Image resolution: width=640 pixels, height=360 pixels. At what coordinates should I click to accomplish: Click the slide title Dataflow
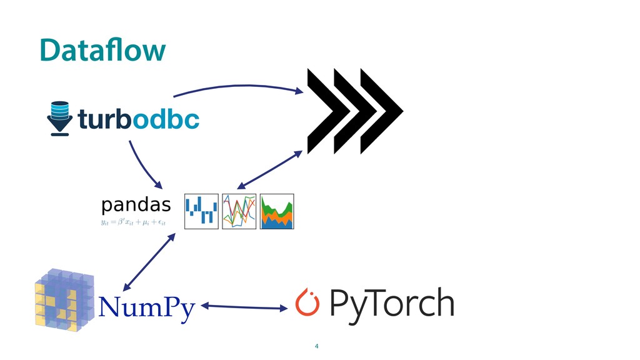(x=102, y=51)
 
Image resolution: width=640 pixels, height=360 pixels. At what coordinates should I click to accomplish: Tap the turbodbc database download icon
(x=60, y=118)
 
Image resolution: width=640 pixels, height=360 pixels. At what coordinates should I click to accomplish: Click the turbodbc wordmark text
(x=138, y=118)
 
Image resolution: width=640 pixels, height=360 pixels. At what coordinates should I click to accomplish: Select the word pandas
(x=136, y=204)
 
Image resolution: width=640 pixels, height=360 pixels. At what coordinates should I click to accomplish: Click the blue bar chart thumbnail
(x=201, y=211)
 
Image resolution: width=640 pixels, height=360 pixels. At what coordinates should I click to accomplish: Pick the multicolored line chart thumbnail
(x=239, y=211)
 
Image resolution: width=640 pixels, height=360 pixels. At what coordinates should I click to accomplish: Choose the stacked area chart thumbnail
(x=277, y=211)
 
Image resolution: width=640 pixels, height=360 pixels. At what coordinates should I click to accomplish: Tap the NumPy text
(x=147, y=307)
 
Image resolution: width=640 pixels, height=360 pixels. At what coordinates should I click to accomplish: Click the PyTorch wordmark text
(x=391, y=304)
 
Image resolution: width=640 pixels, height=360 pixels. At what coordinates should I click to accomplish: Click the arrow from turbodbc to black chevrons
(x=237, y=85)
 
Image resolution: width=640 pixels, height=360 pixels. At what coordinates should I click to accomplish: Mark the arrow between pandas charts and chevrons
(x=269, y=169)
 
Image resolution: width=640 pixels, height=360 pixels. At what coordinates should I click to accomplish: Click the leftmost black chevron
(x=326, y=111)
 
